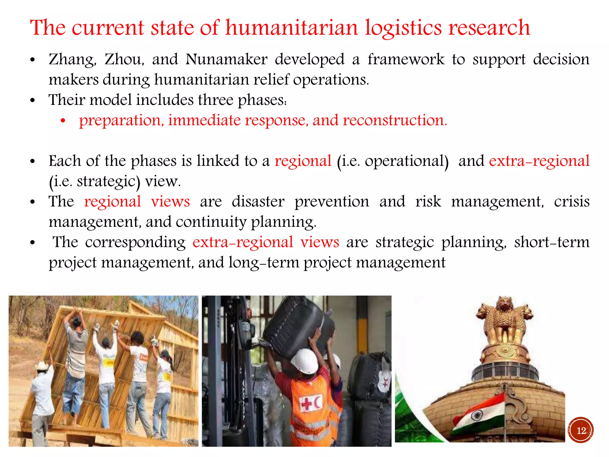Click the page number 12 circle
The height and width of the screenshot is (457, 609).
pyautogui.click(x=580, y=430)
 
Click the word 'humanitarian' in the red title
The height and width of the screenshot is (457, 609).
pyautogui.click(x=291, y=28)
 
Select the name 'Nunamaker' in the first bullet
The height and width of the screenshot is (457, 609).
pyautogui.click(x=226, y=59)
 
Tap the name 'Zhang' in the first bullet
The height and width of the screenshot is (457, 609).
pyautogui.click(x=72, y=60)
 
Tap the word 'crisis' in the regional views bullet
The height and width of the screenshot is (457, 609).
pyautogui.click(x=572, y=201)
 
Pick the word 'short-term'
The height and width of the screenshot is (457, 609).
pyautogui.click(x=552, y=242)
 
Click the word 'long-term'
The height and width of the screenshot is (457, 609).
pyautogui.click(x=264, y=262)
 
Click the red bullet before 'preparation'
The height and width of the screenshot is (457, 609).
pyautogui.click(x=63, y=121)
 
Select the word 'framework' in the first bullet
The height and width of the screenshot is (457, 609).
pyautogui.click(x=406, y=59)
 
